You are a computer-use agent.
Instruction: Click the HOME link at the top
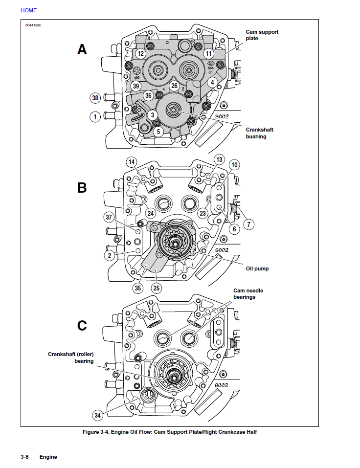click(x=28, y=10)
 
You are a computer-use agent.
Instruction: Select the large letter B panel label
click(x=82, y=188)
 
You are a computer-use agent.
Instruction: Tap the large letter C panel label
click(x=82, y=325)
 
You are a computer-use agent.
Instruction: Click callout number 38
click(x=95, y=98)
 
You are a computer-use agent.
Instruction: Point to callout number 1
click(x=95, y=117)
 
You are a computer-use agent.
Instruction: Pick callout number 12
click(x=140, y=53)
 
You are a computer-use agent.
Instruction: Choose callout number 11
click(x=209, y=53)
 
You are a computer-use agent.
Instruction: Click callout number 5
click(x=157, y=132)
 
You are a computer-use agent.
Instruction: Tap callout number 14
click(x=131, y=162)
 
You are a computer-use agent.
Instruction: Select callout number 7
click(x=248, y=224)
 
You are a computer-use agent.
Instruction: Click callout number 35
click(x=138, y=288)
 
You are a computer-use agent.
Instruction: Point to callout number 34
click(x=98, y=415)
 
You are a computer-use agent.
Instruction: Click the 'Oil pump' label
click(x=257, y=268)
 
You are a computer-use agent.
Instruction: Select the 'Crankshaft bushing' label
click(x=259, y=133)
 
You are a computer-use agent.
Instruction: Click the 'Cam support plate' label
click(x=262, y=35)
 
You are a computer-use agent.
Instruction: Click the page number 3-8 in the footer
click(x=24, y=457)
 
